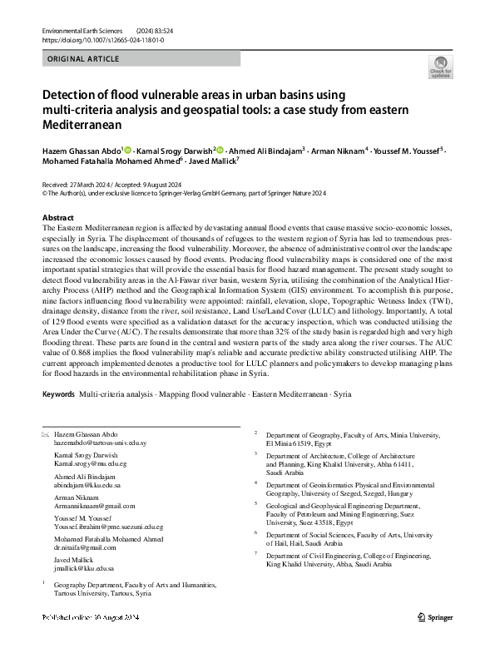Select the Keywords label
(58, 392)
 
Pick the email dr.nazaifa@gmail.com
(84, 547)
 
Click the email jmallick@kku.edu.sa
(83, 568)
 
